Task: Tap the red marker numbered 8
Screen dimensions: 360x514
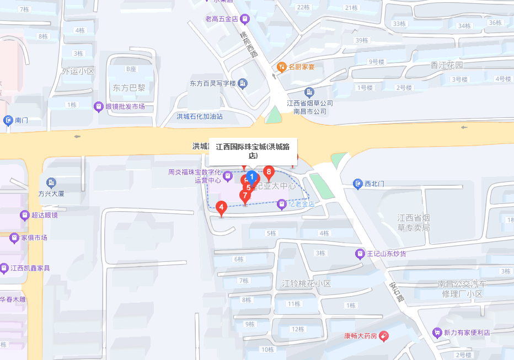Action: (x=269, y=173)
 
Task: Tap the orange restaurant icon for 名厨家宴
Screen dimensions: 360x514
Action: (x=281, y=67)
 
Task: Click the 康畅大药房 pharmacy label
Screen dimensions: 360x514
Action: (x=360, y=336)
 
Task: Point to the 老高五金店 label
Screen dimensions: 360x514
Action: (x=222, y=19)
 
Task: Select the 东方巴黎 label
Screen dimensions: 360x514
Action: (x=129, y=88)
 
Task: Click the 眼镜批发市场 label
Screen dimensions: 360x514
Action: (x=125, y=106)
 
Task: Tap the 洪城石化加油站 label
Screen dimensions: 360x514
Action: (x=200, y=116)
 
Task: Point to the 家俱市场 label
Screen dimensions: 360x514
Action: (x=34, y=238)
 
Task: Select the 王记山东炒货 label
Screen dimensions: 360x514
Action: (x=387, y=254)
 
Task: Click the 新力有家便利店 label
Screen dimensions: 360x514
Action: (x=467, y=332)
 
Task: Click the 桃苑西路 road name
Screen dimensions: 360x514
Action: (x=249, y=43)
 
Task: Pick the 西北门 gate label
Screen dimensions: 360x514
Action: (x=374, y=183)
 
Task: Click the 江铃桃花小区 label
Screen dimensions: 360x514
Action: (x=306, y=283)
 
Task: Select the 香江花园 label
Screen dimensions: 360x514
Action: (x=447, y=65)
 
